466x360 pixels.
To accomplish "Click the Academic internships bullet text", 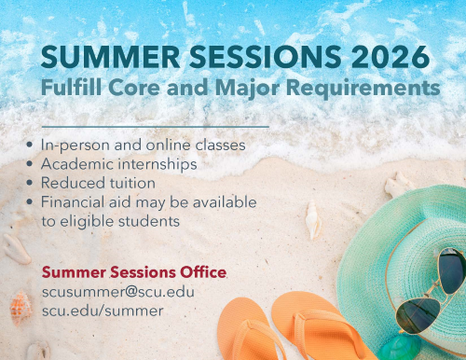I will (x=119, y=164).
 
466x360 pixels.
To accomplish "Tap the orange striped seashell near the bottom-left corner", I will (x=19, y=304).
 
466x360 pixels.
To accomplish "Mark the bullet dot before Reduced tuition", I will (x=32, y=183).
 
